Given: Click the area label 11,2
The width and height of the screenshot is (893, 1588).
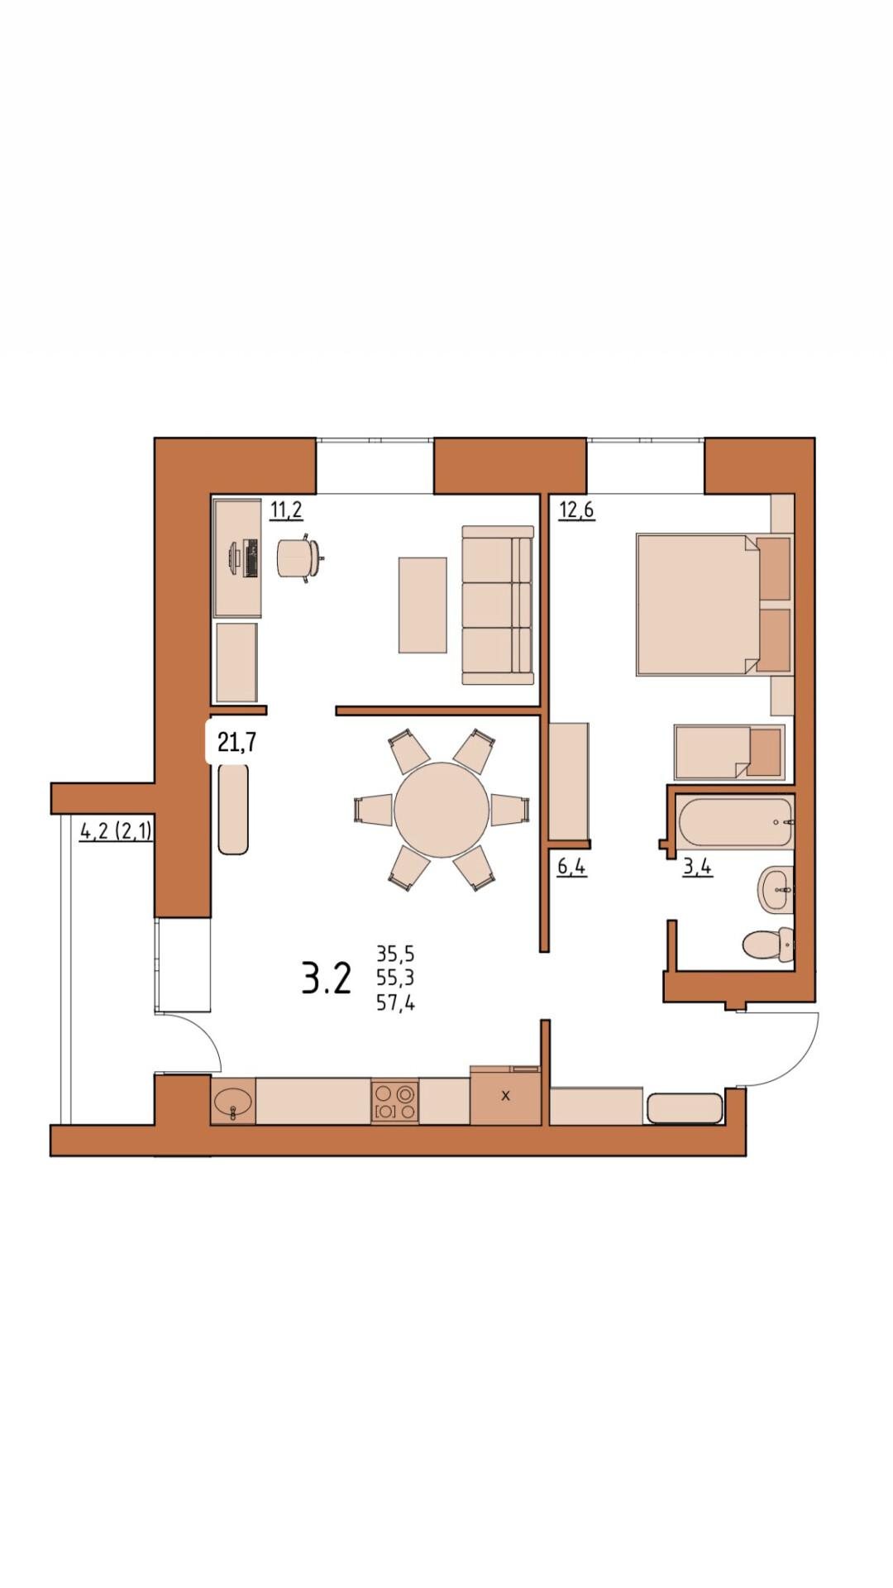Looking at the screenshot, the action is click(x=286, y=509).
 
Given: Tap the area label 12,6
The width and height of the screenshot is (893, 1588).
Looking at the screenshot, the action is click(x=576, y=509).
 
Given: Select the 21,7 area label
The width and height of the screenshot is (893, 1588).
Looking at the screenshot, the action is click(x=236, y=743).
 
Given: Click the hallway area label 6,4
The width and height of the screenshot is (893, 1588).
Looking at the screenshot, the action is click(x=572, y=868).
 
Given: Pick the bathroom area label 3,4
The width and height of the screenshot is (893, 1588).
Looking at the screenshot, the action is click(x=698, y=868).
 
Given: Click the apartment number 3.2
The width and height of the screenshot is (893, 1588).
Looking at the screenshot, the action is click(x=327, y=978).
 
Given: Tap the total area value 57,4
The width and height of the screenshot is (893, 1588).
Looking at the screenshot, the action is click(x=395, y=1004).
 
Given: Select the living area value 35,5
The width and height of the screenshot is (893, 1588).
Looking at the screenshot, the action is click(x=395, y=954).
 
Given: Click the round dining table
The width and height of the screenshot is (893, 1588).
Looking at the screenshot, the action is click(x=442, y=810).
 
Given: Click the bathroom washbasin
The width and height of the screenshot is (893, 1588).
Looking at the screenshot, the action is click(x=776, y=890).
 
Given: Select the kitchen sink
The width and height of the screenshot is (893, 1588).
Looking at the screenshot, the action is click(x=233, y=1102).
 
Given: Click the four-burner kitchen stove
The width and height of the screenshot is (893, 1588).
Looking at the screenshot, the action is click(x=394, y=1102).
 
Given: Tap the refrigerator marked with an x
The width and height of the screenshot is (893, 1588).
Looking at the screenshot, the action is click(x=505, y=1095).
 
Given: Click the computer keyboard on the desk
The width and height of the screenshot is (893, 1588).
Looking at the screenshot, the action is click(x=251, y=558).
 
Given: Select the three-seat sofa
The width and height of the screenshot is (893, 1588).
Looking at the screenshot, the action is click(x=498, y=605).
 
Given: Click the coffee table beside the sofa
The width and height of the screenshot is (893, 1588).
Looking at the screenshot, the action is click(x=423, y=605).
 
